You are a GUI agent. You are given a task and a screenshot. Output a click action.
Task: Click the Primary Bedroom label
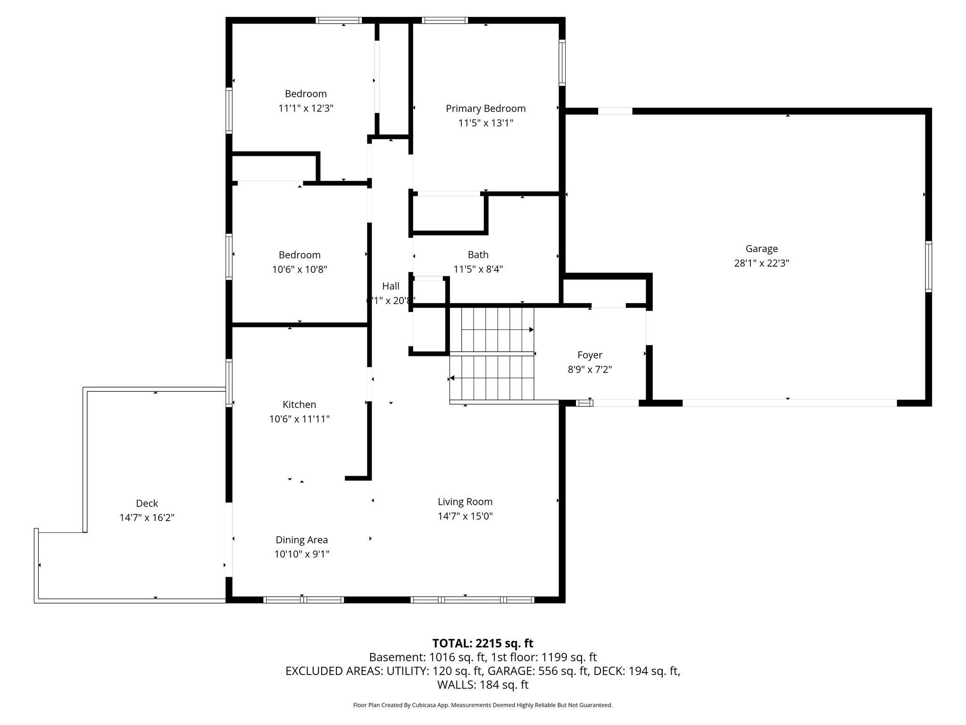pyautogui.click(x=485, y=109)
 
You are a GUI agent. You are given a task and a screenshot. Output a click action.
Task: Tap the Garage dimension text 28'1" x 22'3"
pyautogui.click(x=761, y=263)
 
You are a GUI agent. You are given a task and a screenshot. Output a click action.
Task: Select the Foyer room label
pyautogui.click(x=590, y=355)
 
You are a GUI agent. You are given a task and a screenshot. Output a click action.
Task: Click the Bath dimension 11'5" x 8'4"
pyautogui.click(x=478, y=270)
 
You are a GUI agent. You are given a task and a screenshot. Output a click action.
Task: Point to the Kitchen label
pyautogui.click(x=299, y=405)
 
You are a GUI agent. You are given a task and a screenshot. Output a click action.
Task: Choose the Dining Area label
pyautogui.click(x=301, y=540)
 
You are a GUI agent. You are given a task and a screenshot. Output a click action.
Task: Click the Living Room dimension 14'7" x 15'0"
pyautogui.click(x=465, y=516)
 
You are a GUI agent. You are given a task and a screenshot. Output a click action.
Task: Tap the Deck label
pyautogui.click(x=147, y=503)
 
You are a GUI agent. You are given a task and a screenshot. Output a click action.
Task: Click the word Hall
pyautogui.click(x=391, y=286)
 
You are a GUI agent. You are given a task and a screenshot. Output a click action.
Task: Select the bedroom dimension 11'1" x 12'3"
pyautogui.click(x=306, y=109)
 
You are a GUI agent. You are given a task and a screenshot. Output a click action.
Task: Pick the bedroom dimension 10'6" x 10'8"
pyautogui.click(x=300, y=270)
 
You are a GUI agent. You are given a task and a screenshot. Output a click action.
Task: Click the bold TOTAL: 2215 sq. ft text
pyautogui.click(x=483, y=643)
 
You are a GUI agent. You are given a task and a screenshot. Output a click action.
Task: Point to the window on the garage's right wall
pyautogui.click(x=928, y=266)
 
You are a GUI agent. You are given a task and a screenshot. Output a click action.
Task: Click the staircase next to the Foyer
pyautogui.click(x=492, y=354)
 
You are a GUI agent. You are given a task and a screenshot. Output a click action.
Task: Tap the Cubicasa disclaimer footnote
pyautogui.click(x=483, y=705)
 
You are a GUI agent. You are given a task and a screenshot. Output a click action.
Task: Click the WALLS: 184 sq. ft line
pyautogui.click(x=483, y=685)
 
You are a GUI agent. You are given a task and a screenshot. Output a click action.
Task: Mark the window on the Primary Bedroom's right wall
pyautogui.click(x=562, y=63)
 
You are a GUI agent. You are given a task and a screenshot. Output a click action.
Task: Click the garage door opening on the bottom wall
pyautogui.click(x=789, y=403)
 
